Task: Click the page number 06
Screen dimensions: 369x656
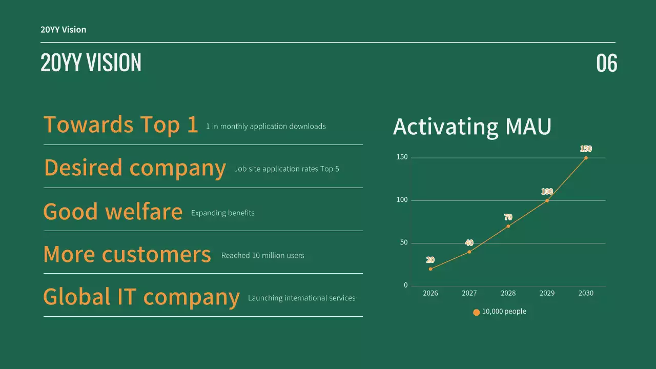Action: point(606,63)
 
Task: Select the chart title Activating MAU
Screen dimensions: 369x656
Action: point(472,127)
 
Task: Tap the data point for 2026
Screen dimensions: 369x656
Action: point(430,269)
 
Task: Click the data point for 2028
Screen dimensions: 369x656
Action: point(508,226)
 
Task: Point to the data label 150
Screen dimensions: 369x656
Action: point(586,149)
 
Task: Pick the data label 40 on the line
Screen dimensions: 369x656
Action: point(469,243)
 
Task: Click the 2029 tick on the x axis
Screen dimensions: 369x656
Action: point(547,293)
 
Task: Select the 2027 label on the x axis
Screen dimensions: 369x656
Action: point(469,293)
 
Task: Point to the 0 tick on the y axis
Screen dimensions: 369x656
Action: point(405,285)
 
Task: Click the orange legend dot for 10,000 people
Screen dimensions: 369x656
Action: point(476,312)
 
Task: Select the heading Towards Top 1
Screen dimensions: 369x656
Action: point(120,125)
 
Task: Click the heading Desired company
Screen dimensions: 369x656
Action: point(135,168)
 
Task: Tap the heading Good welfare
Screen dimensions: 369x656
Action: point(113,211)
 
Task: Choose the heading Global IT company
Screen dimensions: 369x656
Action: point(141,297)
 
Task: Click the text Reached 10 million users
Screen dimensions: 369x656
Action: point(262,255)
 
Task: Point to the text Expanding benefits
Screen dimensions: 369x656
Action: point(222,213)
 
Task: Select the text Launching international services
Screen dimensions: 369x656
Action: point(301,298)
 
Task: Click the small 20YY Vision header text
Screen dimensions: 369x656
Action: point(64,30)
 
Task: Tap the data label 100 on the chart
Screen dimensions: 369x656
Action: point(547,192)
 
